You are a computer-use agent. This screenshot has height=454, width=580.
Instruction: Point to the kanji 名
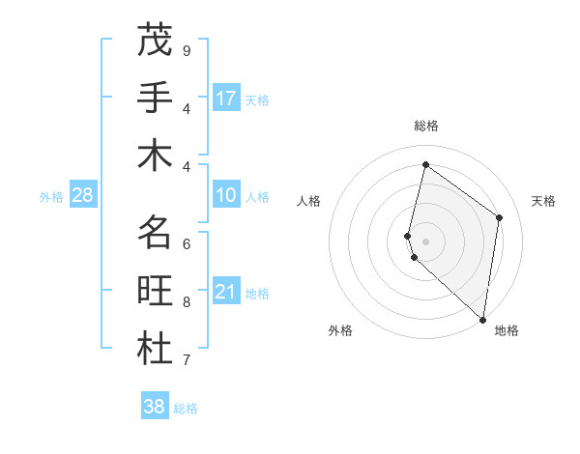click(x=155, y=233)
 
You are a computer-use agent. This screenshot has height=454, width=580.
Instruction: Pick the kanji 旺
click(x=155, y=291)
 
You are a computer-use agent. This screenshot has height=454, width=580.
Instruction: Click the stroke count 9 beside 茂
click(x=186, y=51)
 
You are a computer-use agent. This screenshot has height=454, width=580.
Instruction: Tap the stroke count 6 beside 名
click(x=186, y=244)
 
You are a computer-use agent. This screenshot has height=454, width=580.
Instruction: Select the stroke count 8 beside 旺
click(x=186, y=302)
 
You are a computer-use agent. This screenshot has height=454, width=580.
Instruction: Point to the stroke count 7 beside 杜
click(x=186, y=360)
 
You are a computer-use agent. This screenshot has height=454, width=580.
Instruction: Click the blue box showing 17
click(x=226, y=99)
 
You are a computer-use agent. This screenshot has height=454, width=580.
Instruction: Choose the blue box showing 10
click(x=226, y=195)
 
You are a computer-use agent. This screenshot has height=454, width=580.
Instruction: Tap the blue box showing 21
click(x=226, y=292)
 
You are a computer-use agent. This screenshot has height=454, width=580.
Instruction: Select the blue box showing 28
click(x=82, y=195)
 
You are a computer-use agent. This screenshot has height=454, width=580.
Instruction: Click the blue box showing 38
click(x=154, y=407)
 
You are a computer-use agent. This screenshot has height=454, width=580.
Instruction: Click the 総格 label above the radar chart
click(x=425, y=126)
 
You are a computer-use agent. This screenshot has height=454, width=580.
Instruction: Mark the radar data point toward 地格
click(x=482, y=319)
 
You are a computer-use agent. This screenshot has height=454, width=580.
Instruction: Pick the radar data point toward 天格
click(x=499, y=217)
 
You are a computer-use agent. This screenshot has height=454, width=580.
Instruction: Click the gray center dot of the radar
click(x=425, y=240)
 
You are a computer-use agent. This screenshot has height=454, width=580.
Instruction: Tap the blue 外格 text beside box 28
click(x=51, y=197)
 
